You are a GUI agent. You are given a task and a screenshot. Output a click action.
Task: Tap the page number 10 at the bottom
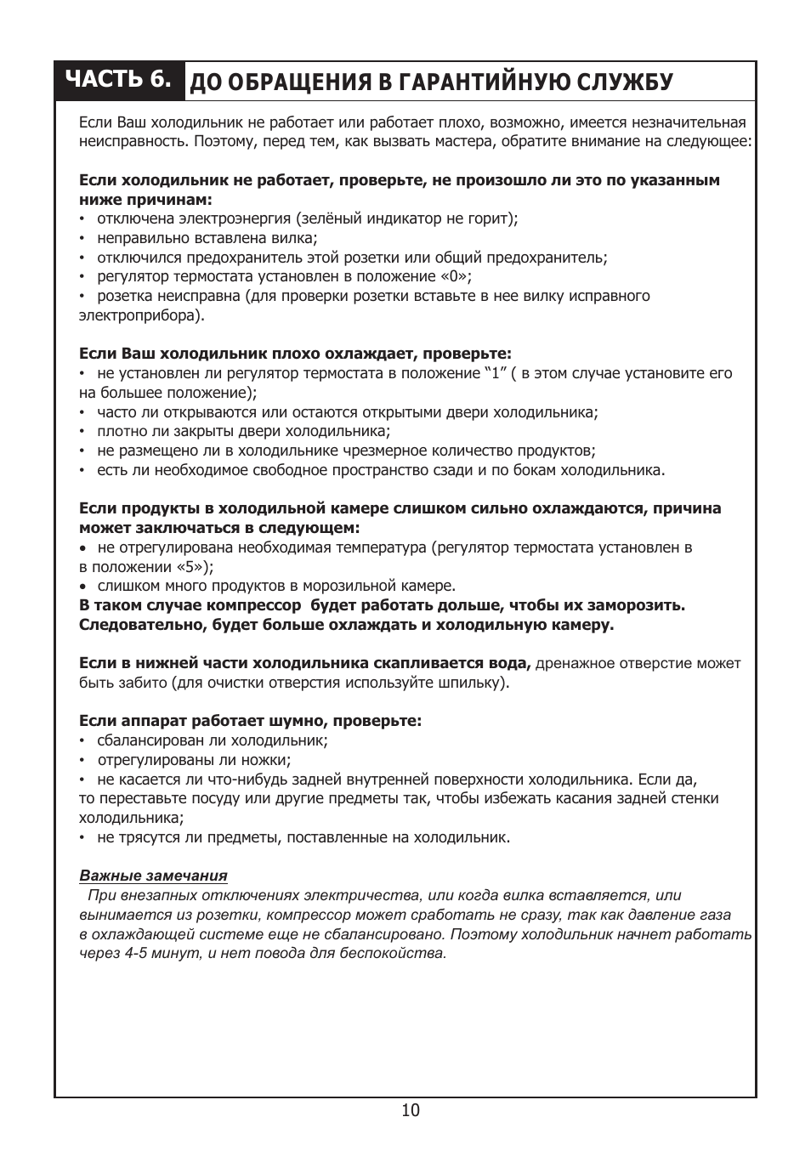pos(411,1110)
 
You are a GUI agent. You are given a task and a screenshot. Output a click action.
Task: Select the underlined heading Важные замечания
pos(153,876)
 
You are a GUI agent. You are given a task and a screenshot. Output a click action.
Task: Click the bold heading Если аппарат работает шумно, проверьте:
pos(250,721)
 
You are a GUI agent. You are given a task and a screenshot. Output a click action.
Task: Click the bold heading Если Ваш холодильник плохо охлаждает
pos(295,353)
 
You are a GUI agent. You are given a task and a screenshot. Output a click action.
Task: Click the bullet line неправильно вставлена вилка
pos(207,238)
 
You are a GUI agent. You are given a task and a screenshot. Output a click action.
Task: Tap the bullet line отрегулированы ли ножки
pos(194,760)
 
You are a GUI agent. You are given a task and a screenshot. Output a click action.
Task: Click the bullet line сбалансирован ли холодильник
pos(213,740)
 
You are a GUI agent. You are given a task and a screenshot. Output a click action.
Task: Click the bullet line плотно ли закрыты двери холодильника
pos(243,432)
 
